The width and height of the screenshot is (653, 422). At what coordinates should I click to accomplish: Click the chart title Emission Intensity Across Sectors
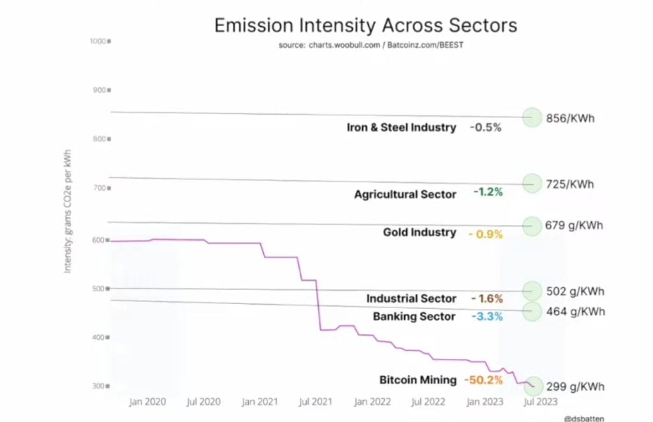pyautogui.click(x=365, y=25)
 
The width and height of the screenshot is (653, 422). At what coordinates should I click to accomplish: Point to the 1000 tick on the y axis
pyautogui.click(x=101, y=41)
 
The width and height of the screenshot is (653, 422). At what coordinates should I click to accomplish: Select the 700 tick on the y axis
pyautogui.click(x=101, y=188)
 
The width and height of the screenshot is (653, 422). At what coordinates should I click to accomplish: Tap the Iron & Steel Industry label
pyautogui.click(x=401, y=127)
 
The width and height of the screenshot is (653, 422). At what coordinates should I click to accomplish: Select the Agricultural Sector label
pyautogui.click(x=405, y=194)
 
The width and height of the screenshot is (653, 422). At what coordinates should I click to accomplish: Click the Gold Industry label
pyautogui.click(x=419, y=233)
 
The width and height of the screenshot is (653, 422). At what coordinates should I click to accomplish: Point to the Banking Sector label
pyautogui.click(x=414, y=317)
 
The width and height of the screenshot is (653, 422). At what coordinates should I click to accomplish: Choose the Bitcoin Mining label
pyautogui.click(x=418, y=381)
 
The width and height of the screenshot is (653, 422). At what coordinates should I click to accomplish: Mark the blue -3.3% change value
pyautogui.click(x=486, y=317)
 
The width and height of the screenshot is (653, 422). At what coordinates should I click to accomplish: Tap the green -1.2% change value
pyautogui.click(x=487, y=193)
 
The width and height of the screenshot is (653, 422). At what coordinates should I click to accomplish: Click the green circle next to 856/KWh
pyautogui.click(x=532, y=117)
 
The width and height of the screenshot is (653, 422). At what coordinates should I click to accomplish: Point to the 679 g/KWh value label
pyautogui.click(x=575, y=225)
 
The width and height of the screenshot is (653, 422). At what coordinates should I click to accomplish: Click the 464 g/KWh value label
pyautogui.click(x=575, y=312)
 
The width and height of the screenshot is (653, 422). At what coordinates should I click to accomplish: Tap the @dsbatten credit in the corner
pyautogui.click(x=585, y=418)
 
